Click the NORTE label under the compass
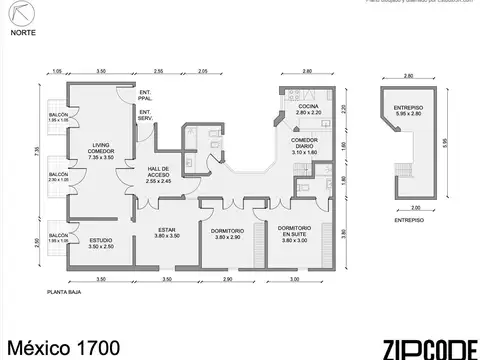[x=20, y=31]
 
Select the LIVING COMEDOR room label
[x=101, y=150]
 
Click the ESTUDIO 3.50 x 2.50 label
[x=101, y=243]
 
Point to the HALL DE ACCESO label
[x=159, y=174]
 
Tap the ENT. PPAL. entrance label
[x=145, y=97]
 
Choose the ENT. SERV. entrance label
[x=145, y=115]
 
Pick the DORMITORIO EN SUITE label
[x=295, y=233]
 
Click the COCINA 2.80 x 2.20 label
[x=308, y=110]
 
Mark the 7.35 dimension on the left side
[x=36, y=150]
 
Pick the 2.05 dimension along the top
[x=203, y=71]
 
